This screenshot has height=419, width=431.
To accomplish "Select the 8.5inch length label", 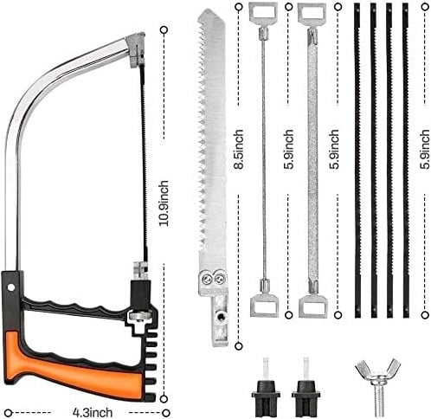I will point(240,148).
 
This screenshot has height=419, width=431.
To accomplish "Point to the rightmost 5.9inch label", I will point(424,148).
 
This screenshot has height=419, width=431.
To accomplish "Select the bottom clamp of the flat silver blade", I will point(312,304).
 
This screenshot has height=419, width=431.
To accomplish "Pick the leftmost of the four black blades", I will point(357,156).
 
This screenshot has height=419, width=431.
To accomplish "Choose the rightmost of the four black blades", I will point(403,156).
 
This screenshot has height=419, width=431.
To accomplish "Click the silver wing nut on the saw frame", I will point(138,317).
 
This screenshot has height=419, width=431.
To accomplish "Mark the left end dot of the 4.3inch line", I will point(7,410).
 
